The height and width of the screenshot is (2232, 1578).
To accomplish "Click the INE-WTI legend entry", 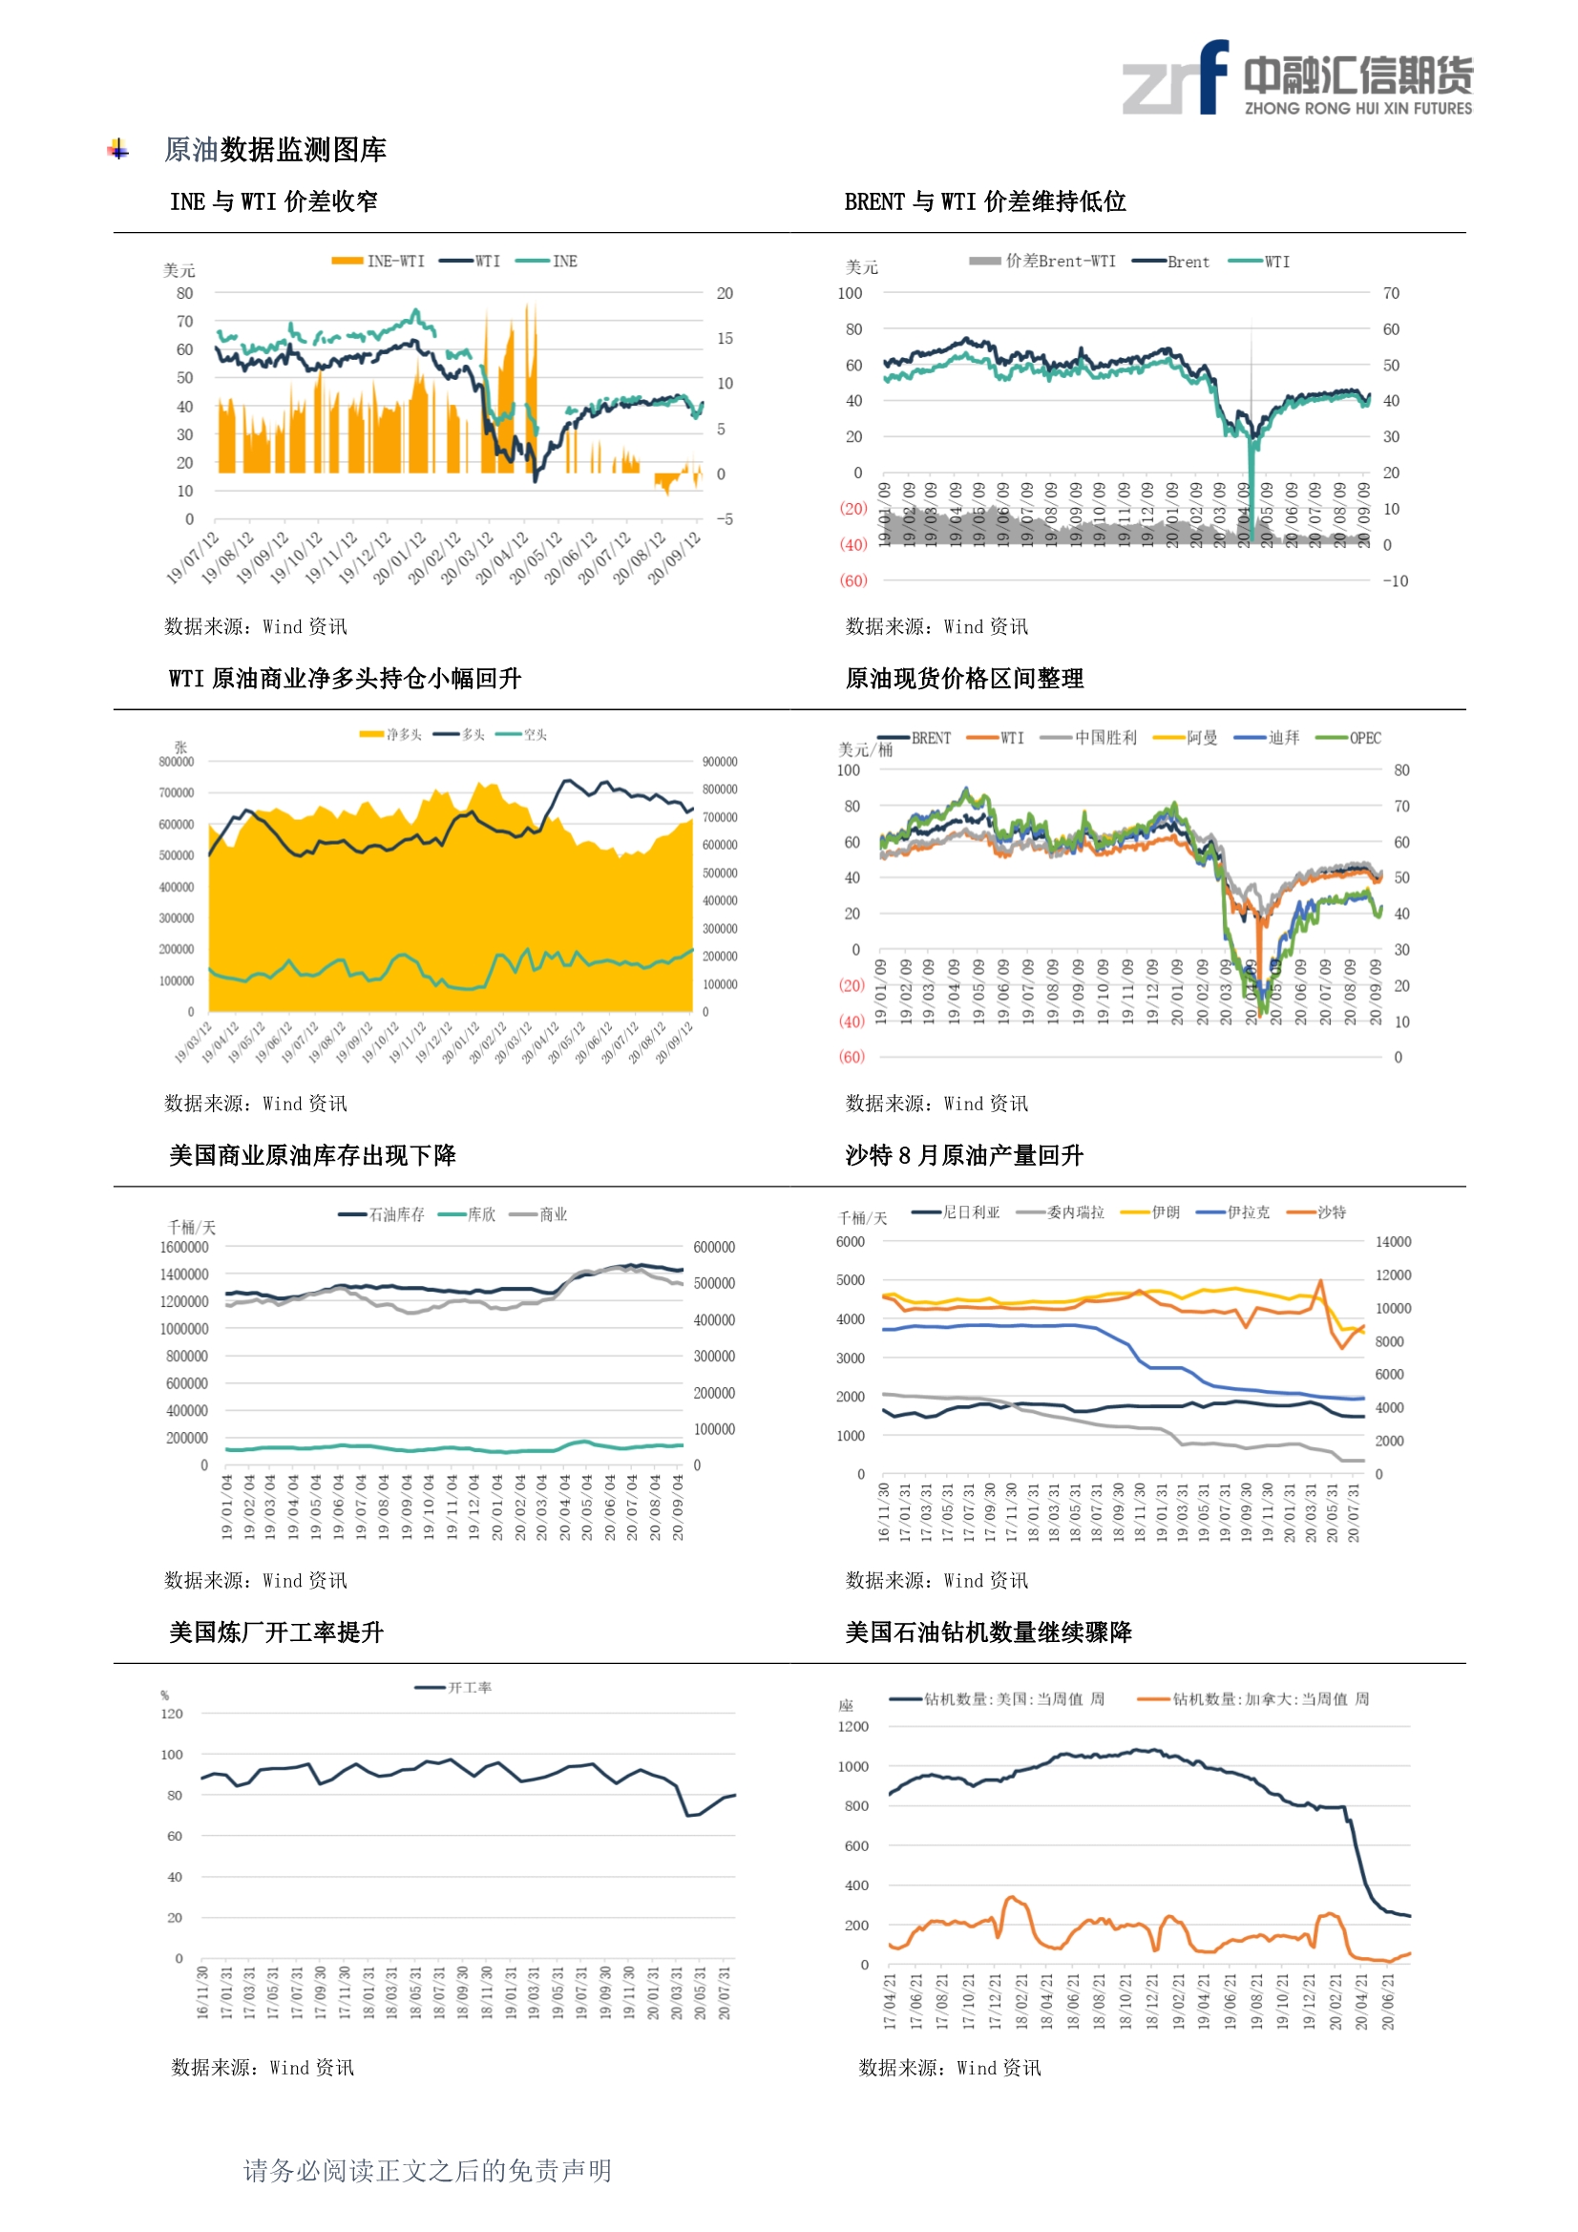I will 378,261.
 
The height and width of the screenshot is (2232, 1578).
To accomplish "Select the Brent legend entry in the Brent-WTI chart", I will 1171,262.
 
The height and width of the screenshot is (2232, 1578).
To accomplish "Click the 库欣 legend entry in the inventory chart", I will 468,1214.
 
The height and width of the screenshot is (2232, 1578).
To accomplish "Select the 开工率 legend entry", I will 454,1688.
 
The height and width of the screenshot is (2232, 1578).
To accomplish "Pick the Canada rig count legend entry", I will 1254,1699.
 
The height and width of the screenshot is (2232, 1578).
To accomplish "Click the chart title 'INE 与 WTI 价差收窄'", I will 273,201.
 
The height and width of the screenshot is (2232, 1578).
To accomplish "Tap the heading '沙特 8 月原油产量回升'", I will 963,1155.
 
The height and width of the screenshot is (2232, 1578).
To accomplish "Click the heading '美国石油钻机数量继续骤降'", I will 988,1632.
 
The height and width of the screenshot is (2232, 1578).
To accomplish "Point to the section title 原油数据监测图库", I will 275,150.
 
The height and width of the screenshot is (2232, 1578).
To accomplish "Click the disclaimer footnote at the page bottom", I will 427,2171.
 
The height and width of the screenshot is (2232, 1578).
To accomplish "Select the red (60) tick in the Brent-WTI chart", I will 852,580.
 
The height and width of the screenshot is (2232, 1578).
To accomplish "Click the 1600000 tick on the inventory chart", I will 183,1247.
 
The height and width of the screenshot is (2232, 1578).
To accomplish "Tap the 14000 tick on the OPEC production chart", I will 1392,1241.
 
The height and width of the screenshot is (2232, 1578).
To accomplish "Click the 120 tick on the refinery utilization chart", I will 172,1714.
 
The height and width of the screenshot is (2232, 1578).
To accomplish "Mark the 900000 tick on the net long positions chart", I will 720,762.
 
